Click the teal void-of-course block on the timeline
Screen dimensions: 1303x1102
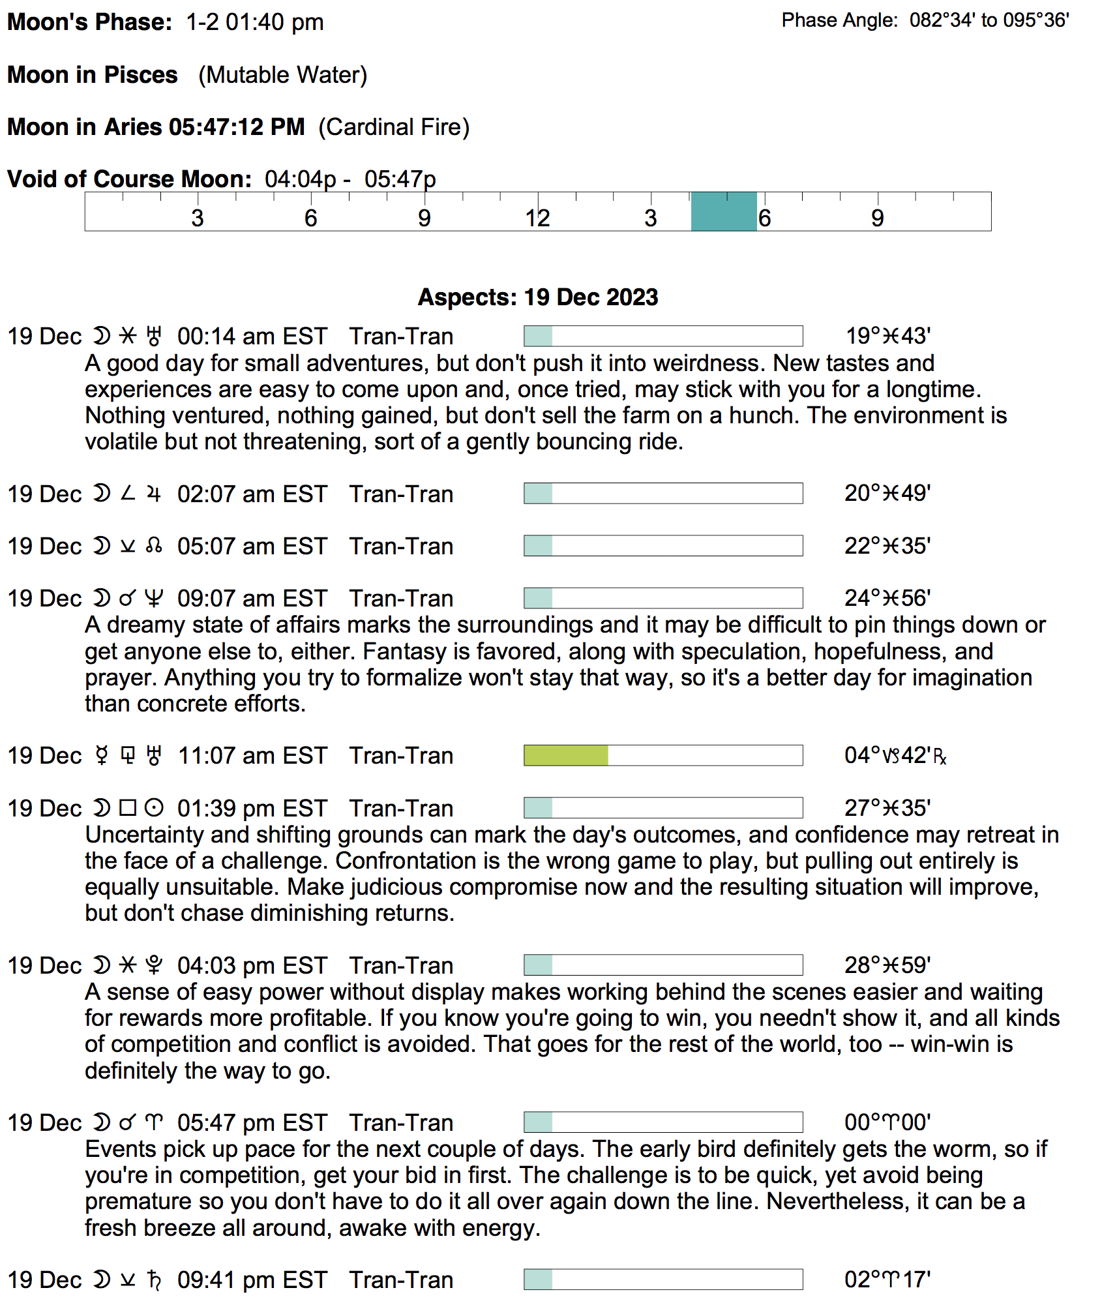tap(724, 212)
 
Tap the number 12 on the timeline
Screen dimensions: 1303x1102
tap(537, 218)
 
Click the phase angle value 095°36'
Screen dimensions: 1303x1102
tap(1036, 21)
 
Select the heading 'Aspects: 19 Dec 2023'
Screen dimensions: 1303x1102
tap(538, 297)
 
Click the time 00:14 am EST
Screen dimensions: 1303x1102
tap(252, 337)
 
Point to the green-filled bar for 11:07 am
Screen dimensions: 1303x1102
tap(566, 756)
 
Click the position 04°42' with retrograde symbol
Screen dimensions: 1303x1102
tap(895, 756)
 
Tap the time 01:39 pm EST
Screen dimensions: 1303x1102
tap(252, 809)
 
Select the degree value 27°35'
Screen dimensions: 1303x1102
tap(887, 809)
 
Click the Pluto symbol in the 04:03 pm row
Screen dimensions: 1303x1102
tap(154, 965)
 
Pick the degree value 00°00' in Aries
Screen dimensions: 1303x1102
tap(887, 1123)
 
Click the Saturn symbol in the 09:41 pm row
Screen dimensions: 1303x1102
tap(154, 1280)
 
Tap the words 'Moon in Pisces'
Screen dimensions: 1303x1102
tap(93, 75)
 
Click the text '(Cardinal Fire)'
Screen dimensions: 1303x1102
tap(394, 127)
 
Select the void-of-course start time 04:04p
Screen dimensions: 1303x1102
tap(300, 179)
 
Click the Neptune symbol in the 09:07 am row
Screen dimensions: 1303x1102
tap(154, 599)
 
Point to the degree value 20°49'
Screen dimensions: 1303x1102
tap(887, 494)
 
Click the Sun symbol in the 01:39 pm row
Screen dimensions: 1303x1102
tap(154, 809)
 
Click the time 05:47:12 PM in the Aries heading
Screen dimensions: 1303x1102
tap(237, 127)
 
